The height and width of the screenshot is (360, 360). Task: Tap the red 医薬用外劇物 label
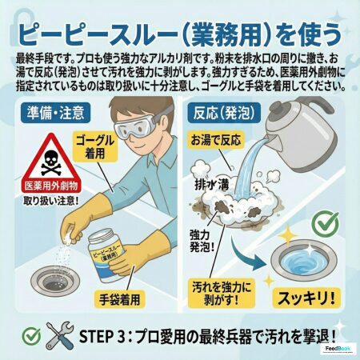click(51, 186)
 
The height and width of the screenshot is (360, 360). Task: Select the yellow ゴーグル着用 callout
click(95, 147)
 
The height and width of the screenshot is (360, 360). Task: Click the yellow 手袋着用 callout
click(120, 299)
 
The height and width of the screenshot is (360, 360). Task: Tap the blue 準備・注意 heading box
click(55, 113)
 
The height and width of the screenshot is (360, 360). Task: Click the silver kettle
click(298, 134)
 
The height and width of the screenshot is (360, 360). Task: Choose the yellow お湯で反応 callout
click(216, 140)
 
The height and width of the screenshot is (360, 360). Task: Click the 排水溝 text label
click(212, 184)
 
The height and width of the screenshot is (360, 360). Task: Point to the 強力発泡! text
click(202, 242)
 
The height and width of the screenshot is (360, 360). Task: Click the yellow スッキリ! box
click(306, 298)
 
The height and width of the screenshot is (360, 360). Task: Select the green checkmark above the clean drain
click(326, 223)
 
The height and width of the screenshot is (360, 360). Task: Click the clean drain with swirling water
click(304, 259)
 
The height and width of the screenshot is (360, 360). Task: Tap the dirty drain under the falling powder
click(55, 280)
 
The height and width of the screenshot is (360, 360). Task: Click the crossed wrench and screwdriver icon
click(59, 336)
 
